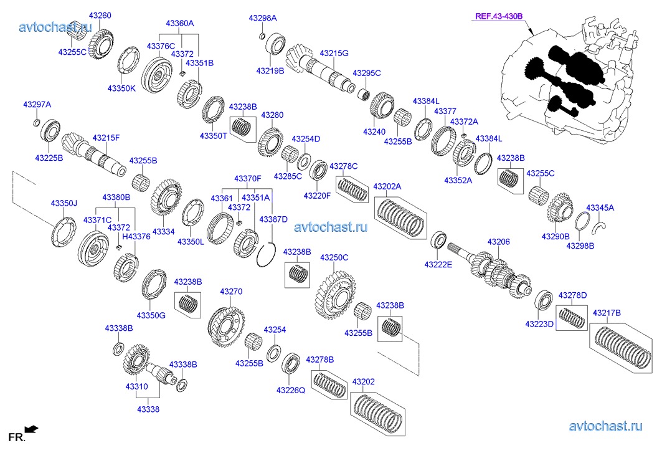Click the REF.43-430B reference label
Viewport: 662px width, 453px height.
point(499,17)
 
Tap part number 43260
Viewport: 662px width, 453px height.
point(100,15)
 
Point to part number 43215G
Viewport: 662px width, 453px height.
point(334,54)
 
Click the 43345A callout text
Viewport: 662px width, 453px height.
point(600,207)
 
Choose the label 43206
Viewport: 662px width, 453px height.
point(498,242)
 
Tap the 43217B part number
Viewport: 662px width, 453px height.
point(607,313)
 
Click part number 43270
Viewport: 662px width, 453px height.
point(230,292)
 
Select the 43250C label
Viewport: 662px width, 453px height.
point(334,257)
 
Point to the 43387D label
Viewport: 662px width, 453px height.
point(273,219)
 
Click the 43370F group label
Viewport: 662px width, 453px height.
point(247,179)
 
